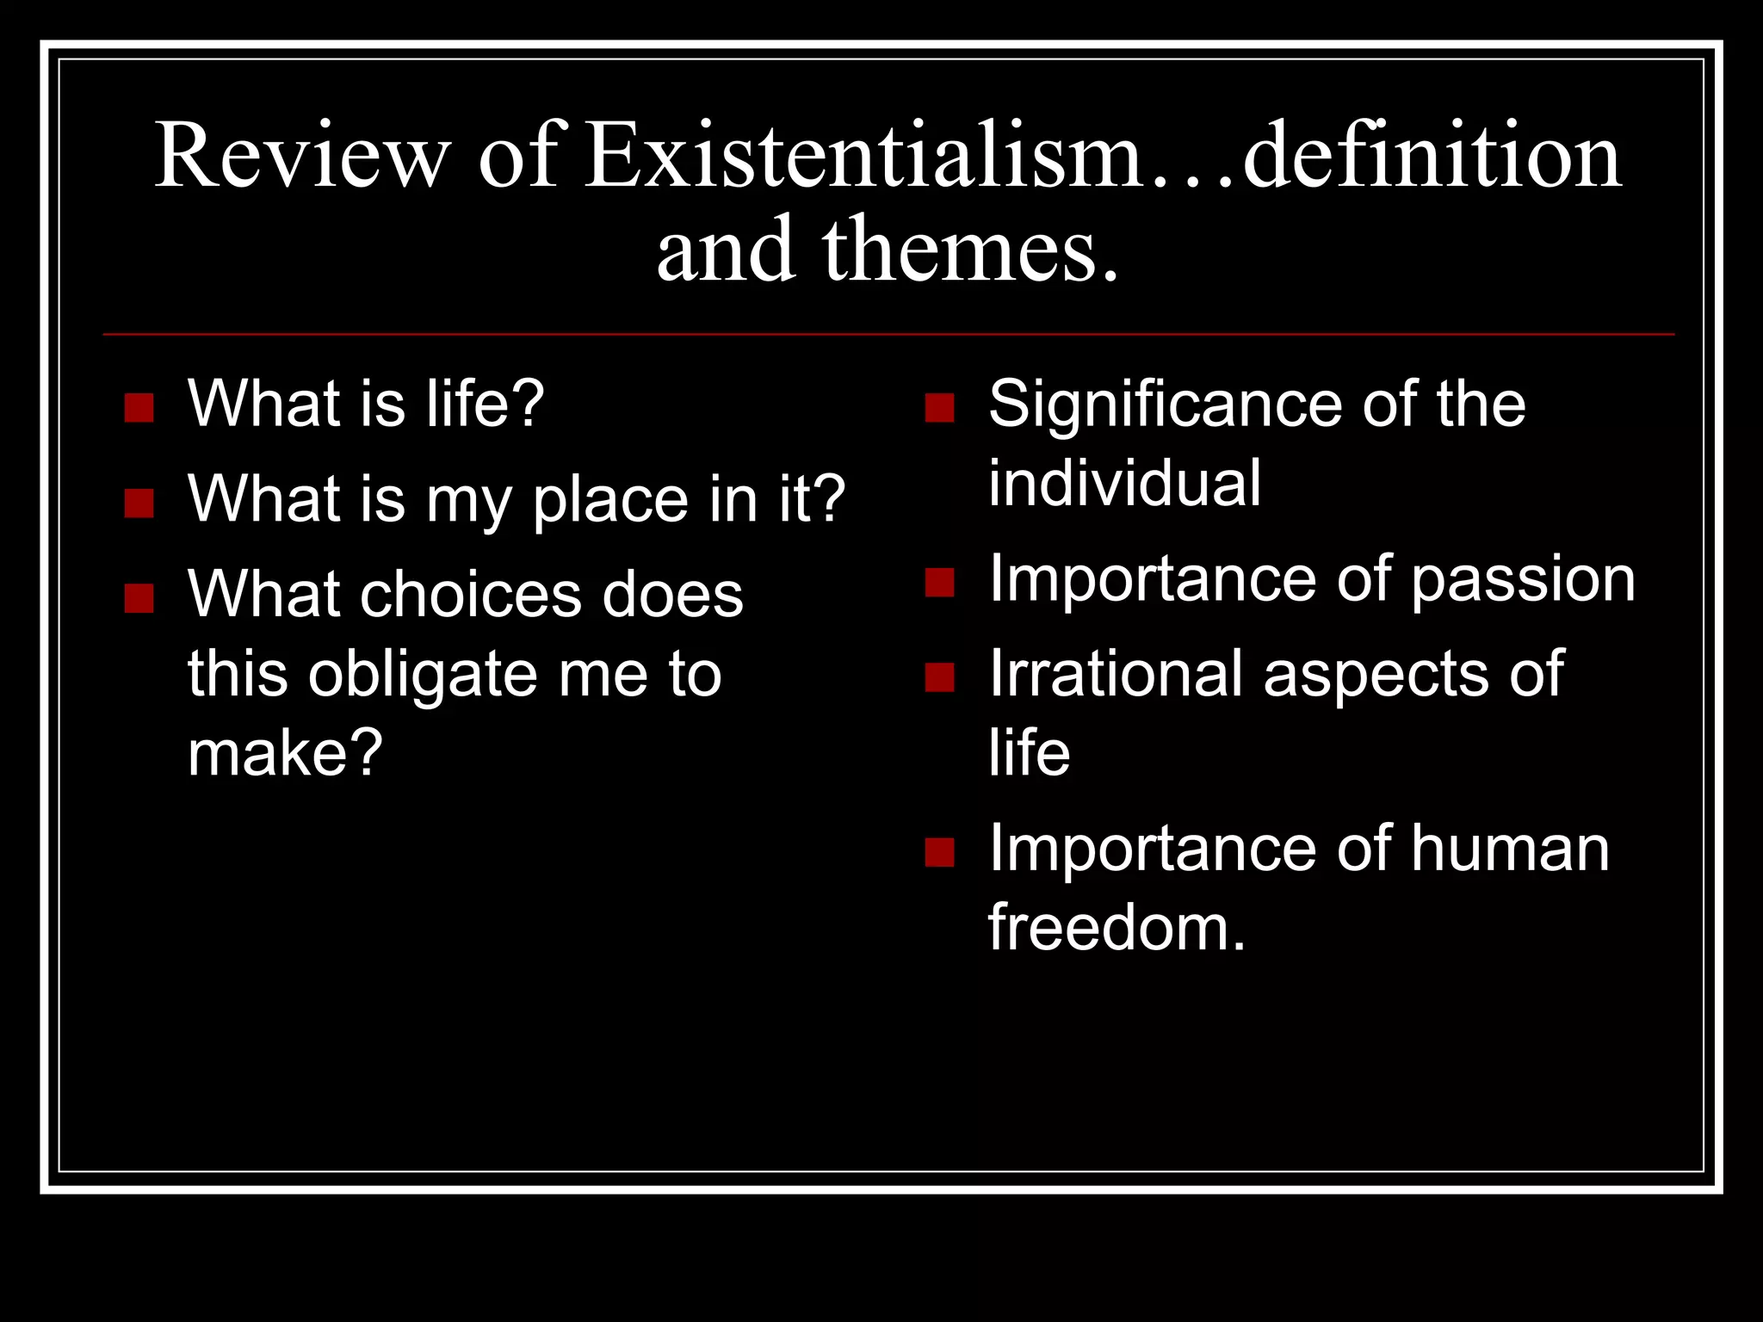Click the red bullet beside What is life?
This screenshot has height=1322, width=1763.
(139, 408)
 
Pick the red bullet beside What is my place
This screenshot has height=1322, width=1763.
(139, 503)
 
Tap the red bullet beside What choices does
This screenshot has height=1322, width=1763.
(139, 597)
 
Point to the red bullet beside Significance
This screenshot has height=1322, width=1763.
(939, 408)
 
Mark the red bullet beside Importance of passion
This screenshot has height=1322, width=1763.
(939, 583)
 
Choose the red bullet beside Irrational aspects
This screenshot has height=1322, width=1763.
(939, 677)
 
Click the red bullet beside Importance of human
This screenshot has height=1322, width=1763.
(939, 852)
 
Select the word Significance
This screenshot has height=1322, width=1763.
(1162, 405)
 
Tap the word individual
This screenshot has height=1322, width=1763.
(1124, 484)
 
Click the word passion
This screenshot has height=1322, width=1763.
(1523, 581)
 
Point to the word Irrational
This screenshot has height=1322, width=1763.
(1116, 674)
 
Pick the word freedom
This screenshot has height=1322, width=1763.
(1116, 928)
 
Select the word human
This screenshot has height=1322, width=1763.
(1510, 849)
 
